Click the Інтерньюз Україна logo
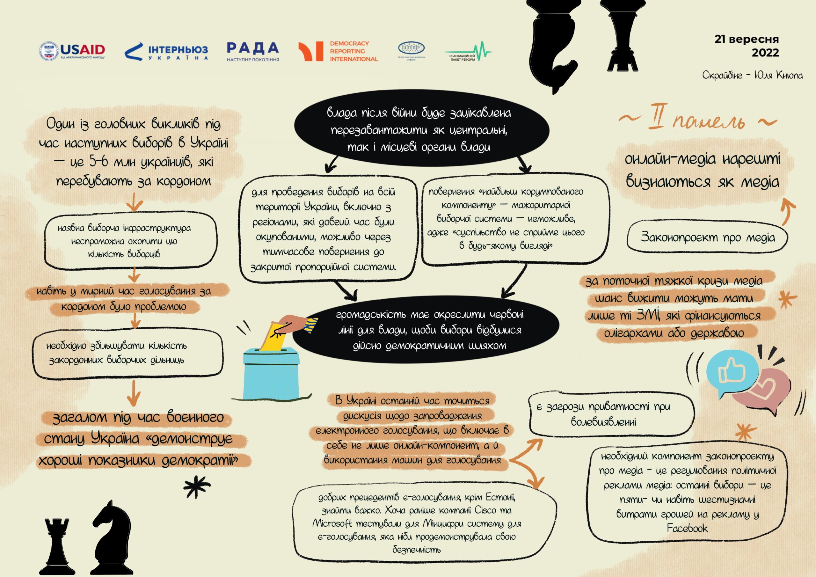(x=166, y=52)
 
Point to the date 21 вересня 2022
(x=747, y=46)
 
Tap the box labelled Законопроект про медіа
(x=707, y=237)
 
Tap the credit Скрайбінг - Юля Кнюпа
(x=752, y=75)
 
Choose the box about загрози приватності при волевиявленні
(x=611, y=414)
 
